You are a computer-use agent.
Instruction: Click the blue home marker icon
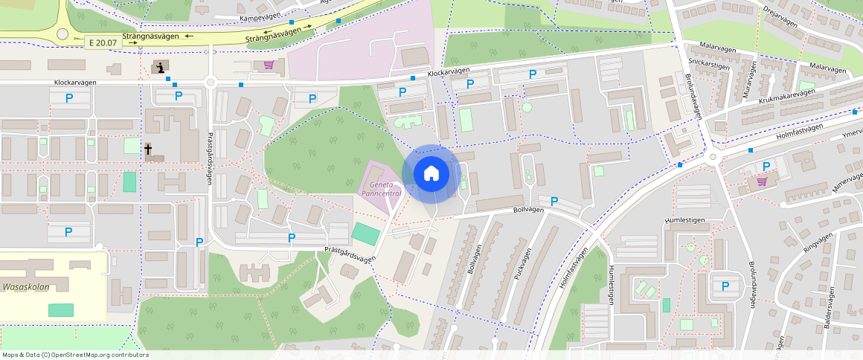[x=431, y=174]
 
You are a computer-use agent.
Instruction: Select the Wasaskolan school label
[x=25, y=285]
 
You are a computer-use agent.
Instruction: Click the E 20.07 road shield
[x=103, y=42]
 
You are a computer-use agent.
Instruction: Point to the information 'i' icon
[x=160, y=67]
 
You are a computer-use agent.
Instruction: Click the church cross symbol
[x=148, y=150]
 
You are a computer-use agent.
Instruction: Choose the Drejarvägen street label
[x=780, y=16]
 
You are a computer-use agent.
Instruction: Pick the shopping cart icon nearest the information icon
[x=269, y=65]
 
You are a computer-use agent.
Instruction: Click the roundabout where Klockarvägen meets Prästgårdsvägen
[x=210, y=83]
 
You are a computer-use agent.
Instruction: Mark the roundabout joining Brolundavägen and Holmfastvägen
[x=713, y=157]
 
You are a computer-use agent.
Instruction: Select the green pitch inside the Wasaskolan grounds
[x=61, y=309]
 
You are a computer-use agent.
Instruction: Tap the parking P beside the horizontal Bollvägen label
[x=554, y=201]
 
